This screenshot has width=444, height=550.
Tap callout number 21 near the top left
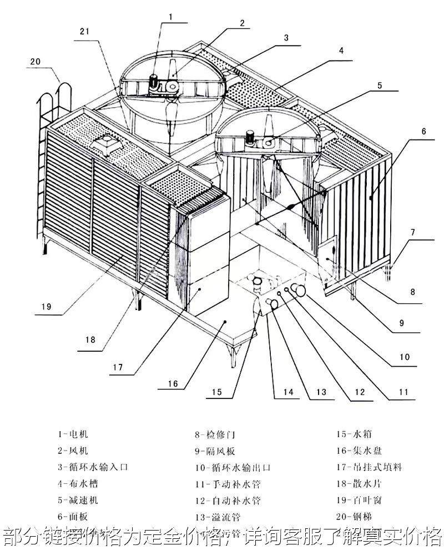click(x=84, y=32)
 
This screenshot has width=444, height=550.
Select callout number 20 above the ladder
click(x=36, y=62)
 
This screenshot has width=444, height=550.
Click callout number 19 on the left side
click(x=46, y=305)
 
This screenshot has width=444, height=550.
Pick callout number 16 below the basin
click(x=173, y=383)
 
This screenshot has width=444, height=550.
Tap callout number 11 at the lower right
click(x=403, y=392)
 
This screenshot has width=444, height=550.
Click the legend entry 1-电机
click(x=73, y=434)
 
